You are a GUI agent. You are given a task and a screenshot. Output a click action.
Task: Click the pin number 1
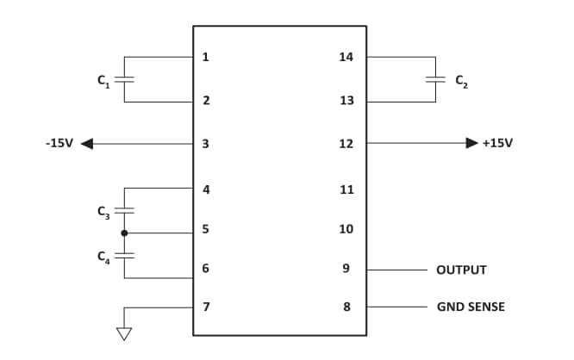205,58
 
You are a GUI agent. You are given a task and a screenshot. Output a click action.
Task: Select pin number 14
346,58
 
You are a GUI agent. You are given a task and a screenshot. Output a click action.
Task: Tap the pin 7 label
205,307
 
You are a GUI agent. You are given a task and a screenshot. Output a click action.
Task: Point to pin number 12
346,143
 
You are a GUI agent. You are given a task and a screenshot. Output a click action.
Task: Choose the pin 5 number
205,229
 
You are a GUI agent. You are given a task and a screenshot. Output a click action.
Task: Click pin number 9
346,269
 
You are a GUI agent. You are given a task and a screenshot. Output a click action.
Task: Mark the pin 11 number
346,189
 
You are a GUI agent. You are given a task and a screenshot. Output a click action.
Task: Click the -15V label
58,143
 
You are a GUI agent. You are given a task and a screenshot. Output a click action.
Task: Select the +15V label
497,143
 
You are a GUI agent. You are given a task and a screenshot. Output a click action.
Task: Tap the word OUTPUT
461,270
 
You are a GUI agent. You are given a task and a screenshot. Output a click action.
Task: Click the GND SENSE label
471,307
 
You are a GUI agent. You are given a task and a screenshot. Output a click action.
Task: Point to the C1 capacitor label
103,81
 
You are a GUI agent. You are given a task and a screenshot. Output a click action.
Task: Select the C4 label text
103,256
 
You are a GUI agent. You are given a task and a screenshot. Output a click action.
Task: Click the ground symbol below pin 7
125,333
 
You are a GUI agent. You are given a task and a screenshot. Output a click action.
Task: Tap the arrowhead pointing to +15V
471,143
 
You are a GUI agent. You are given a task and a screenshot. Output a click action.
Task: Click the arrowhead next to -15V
87,144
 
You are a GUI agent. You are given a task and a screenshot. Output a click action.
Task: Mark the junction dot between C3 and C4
125,233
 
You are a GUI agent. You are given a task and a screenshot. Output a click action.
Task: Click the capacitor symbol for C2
436,79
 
